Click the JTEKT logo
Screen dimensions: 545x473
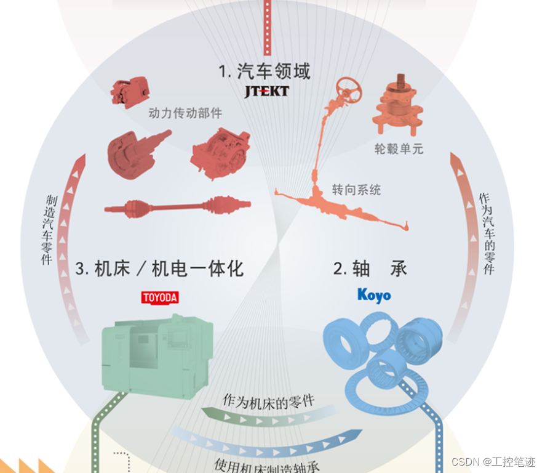click(x=266, y=92)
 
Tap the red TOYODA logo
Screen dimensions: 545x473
click(x=160, y=298)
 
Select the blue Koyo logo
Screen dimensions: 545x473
click(x=374, y=296)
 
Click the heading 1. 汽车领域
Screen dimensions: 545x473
click(x=265, y=71)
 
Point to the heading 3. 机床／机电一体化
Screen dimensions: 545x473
click(x=159, y=269)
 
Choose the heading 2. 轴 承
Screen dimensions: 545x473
click(x=370, y=269)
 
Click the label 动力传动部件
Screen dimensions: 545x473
click(x=185, y=113)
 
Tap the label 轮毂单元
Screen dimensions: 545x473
click(x=399, y=149)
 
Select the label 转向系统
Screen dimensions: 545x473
click(x=356, y=190)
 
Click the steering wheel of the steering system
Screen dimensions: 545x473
click(x=349, y=90)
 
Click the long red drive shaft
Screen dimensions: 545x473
click(x=178, y=208)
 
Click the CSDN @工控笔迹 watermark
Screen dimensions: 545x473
click(x=493, y=462)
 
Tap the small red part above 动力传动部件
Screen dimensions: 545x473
click(x=130, y=91)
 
